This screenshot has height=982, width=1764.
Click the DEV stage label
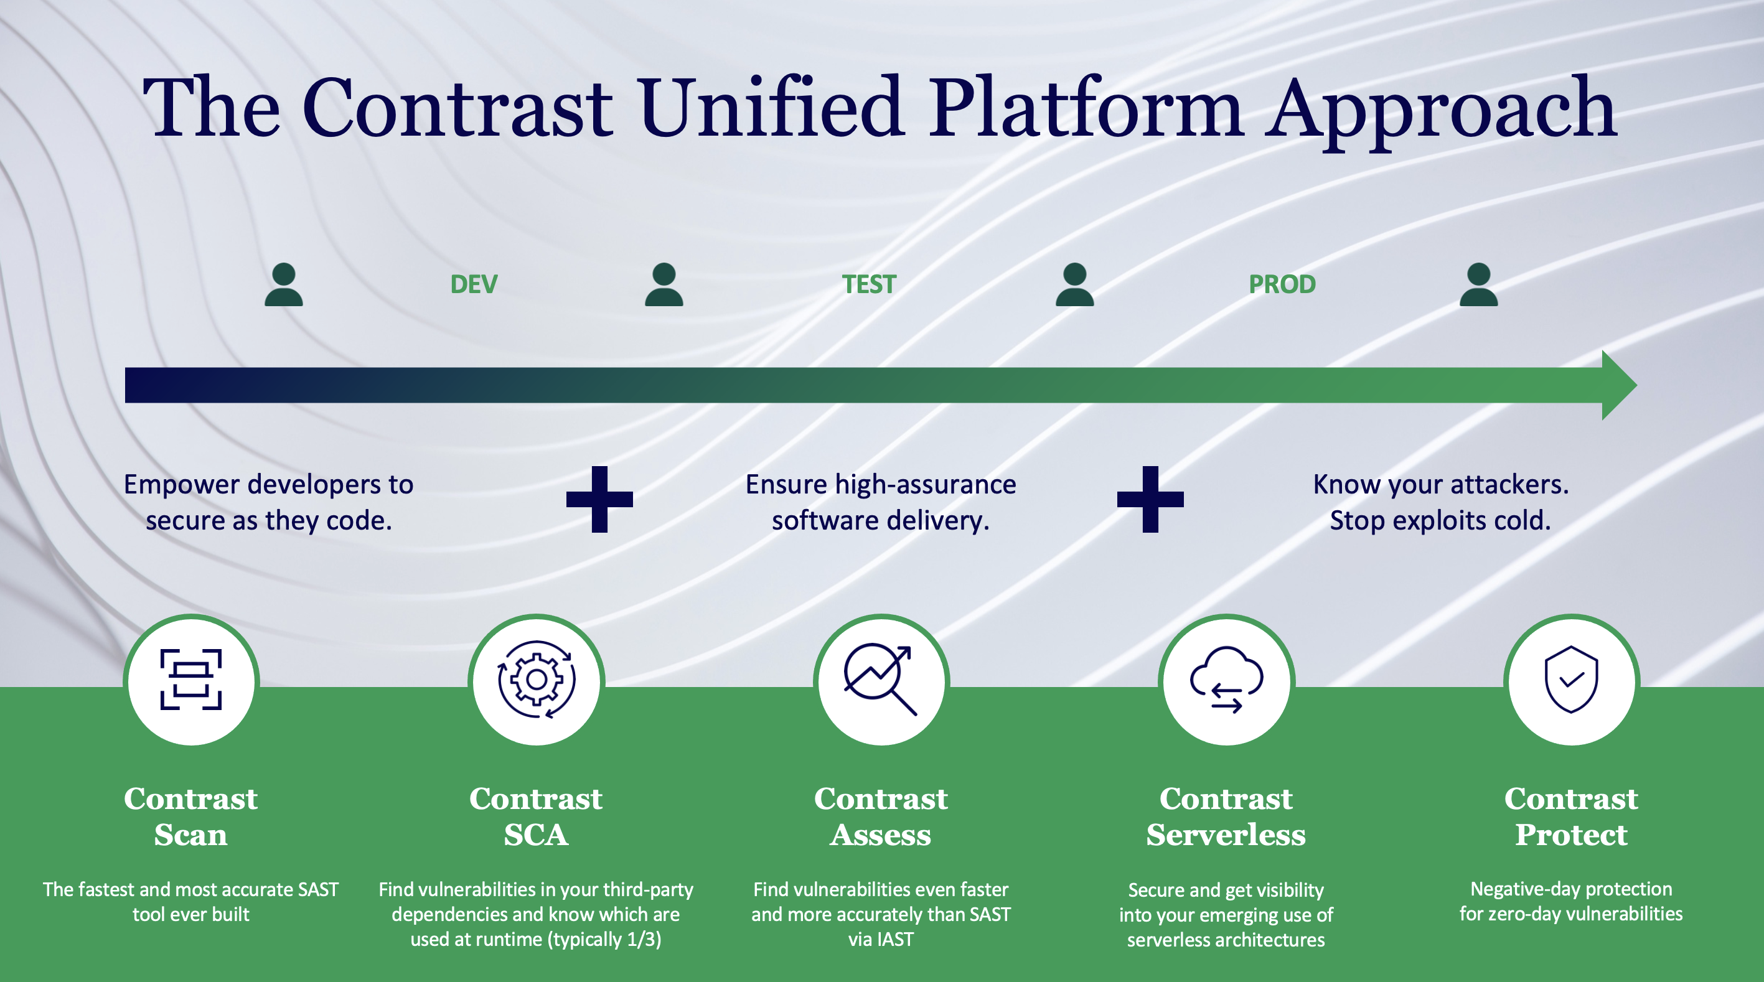[474, 284]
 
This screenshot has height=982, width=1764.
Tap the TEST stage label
[868, 284]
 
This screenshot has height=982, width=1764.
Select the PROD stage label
[1282, 284]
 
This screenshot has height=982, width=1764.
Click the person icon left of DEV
[283, 284]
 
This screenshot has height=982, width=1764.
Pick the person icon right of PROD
[1478, 284]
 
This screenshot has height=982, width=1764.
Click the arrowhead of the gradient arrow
[1618, 385]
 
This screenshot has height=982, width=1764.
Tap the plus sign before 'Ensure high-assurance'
[599, 499]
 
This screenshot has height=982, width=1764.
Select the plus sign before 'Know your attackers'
[1150, 499]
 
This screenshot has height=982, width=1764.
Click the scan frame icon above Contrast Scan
[191, 680]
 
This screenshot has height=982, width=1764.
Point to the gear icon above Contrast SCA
[536, 680]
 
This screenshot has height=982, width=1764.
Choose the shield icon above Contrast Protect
[1571, 680]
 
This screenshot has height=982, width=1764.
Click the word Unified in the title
[771, 108]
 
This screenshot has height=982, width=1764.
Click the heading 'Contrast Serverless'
[1226, 816]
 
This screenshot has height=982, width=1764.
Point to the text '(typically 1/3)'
[604, 939]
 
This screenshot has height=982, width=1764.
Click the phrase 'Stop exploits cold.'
[1440, 520]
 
